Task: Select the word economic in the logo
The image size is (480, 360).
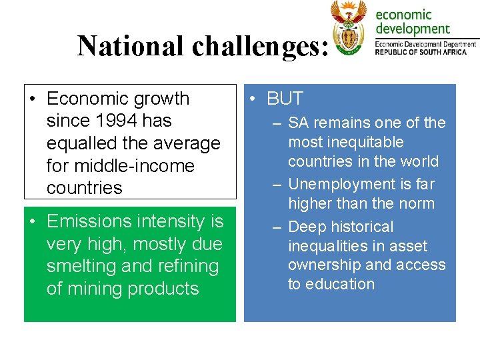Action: [x=404, y=14]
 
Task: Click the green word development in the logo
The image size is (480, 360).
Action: [x=413, y=29]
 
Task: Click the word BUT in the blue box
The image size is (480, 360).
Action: [x=285, y=99]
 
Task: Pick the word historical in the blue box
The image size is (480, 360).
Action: [x=361, y=227]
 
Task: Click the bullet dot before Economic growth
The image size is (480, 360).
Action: [x=32, y=99]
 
